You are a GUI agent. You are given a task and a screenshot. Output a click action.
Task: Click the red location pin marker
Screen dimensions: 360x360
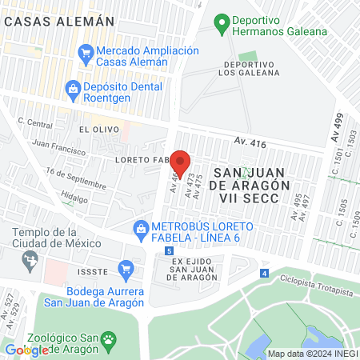pos(180,163)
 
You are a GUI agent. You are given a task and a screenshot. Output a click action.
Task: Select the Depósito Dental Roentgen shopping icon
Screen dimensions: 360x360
pos(72,88)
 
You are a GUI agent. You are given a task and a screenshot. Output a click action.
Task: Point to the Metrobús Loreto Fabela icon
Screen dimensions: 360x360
pos(141,228)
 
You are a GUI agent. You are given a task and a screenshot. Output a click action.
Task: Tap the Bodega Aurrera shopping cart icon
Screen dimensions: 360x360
pos(124,269)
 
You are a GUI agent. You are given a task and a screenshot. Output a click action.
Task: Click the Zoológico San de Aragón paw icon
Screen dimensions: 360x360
pos(107,340)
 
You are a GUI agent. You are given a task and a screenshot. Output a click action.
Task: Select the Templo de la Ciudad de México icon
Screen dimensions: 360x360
pos(30,258)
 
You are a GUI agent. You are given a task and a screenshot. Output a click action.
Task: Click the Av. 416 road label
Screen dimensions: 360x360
pos(250,142)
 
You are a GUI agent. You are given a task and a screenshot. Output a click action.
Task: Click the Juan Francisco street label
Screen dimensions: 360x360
pos(58,150)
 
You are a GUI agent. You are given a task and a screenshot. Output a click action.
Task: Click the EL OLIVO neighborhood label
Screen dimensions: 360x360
pos(98,129)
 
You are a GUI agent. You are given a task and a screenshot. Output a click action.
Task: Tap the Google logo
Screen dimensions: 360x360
pos(27,350)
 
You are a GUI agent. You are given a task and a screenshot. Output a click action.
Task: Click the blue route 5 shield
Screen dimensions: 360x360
pos(169,251)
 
